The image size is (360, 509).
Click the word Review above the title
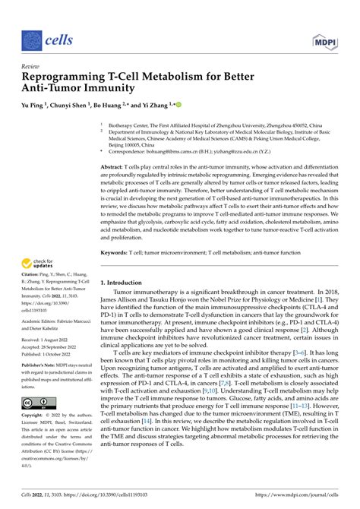click(31, 65)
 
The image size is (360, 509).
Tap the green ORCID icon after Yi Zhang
click(179, 105)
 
